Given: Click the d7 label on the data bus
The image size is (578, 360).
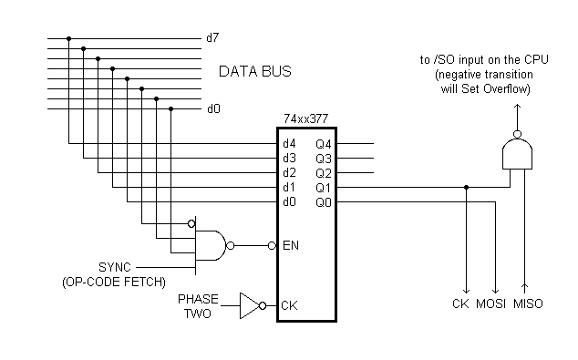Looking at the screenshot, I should coord(212,38).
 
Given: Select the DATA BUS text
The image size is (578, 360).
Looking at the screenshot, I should coord(255,71).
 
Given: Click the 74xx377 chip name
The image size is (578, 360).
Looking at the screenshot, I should coord(306,118).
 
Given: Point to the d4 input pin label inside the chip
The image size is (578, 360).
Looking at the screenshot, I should coord(289,143).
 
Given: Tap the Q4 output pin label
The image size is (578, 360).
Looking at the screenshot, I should coord(324,143).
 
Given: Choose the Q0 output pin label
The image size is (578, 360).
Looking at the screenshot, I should coord(324,201).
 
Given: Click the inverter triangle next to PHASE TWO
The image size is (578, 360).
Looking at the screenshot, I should coord(249,305).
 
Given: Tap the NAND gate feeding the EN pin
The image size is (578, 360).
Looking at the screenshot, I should coord(211,245).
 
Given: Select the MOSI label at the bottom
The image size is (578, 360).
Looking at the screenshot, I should coord(492,303).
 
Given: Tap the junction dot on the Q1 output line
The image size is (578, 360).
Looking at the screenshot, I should coord(467,187).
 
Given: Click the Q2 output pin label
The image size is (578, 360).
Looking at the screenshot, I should coord(324,172).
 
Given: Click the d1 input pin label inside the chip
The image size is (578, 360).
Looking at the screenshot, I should coord(289,187).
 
